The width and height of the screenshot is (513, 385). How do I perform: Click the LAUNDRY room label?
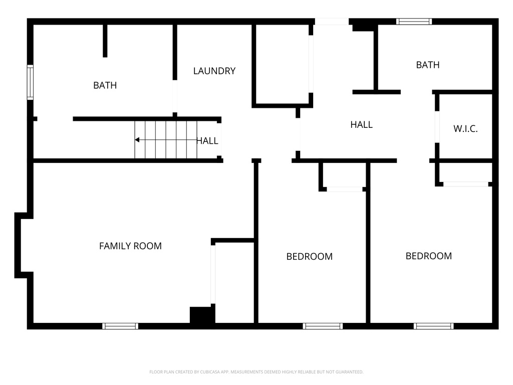click(214, 71)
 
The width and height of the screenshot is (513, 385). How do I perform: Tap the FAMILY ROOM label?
click(130, 246)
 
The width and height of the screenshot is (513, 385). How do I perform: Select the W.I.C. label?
click(465, 129)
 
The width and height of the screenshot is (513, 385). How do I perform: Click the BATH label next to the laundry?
click(105, 86)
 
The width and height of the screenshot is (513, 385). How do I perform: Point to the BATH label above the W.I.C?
click(428, 65)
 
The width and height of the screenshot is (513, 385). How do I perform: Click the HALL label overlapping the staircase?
click(207, 141)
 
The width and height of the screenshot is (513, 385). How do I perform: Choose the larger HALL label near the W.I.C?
click(361, 125)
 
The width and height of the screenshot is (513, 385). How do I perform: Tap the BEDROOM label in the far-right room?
click(428, 256)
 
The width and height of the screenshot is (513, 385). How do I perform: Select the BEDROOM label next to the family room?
click(309, 257)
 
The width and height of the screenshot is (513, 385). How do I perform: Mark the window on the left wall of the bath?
click(30, 82)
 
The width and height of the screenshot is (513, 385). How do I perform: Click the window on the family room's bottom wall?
click(120, 326)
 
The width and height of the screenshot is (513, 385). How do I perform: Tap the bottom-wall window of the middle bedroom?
click(323, 326)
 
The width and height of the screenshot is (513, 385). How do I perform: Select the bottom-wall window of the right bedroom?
click(434, 326)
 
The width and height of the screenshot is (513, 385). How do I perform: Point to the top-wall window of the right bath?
click(414, 22)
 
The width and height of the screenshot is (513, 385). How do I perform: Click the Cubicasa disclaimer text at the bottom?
click(256, 372)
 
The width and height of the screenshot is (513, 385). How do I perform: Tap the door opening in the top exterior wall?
click(332, 22)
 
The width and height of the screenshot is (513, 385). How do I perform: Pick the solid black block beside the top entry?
click(363, 25)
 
